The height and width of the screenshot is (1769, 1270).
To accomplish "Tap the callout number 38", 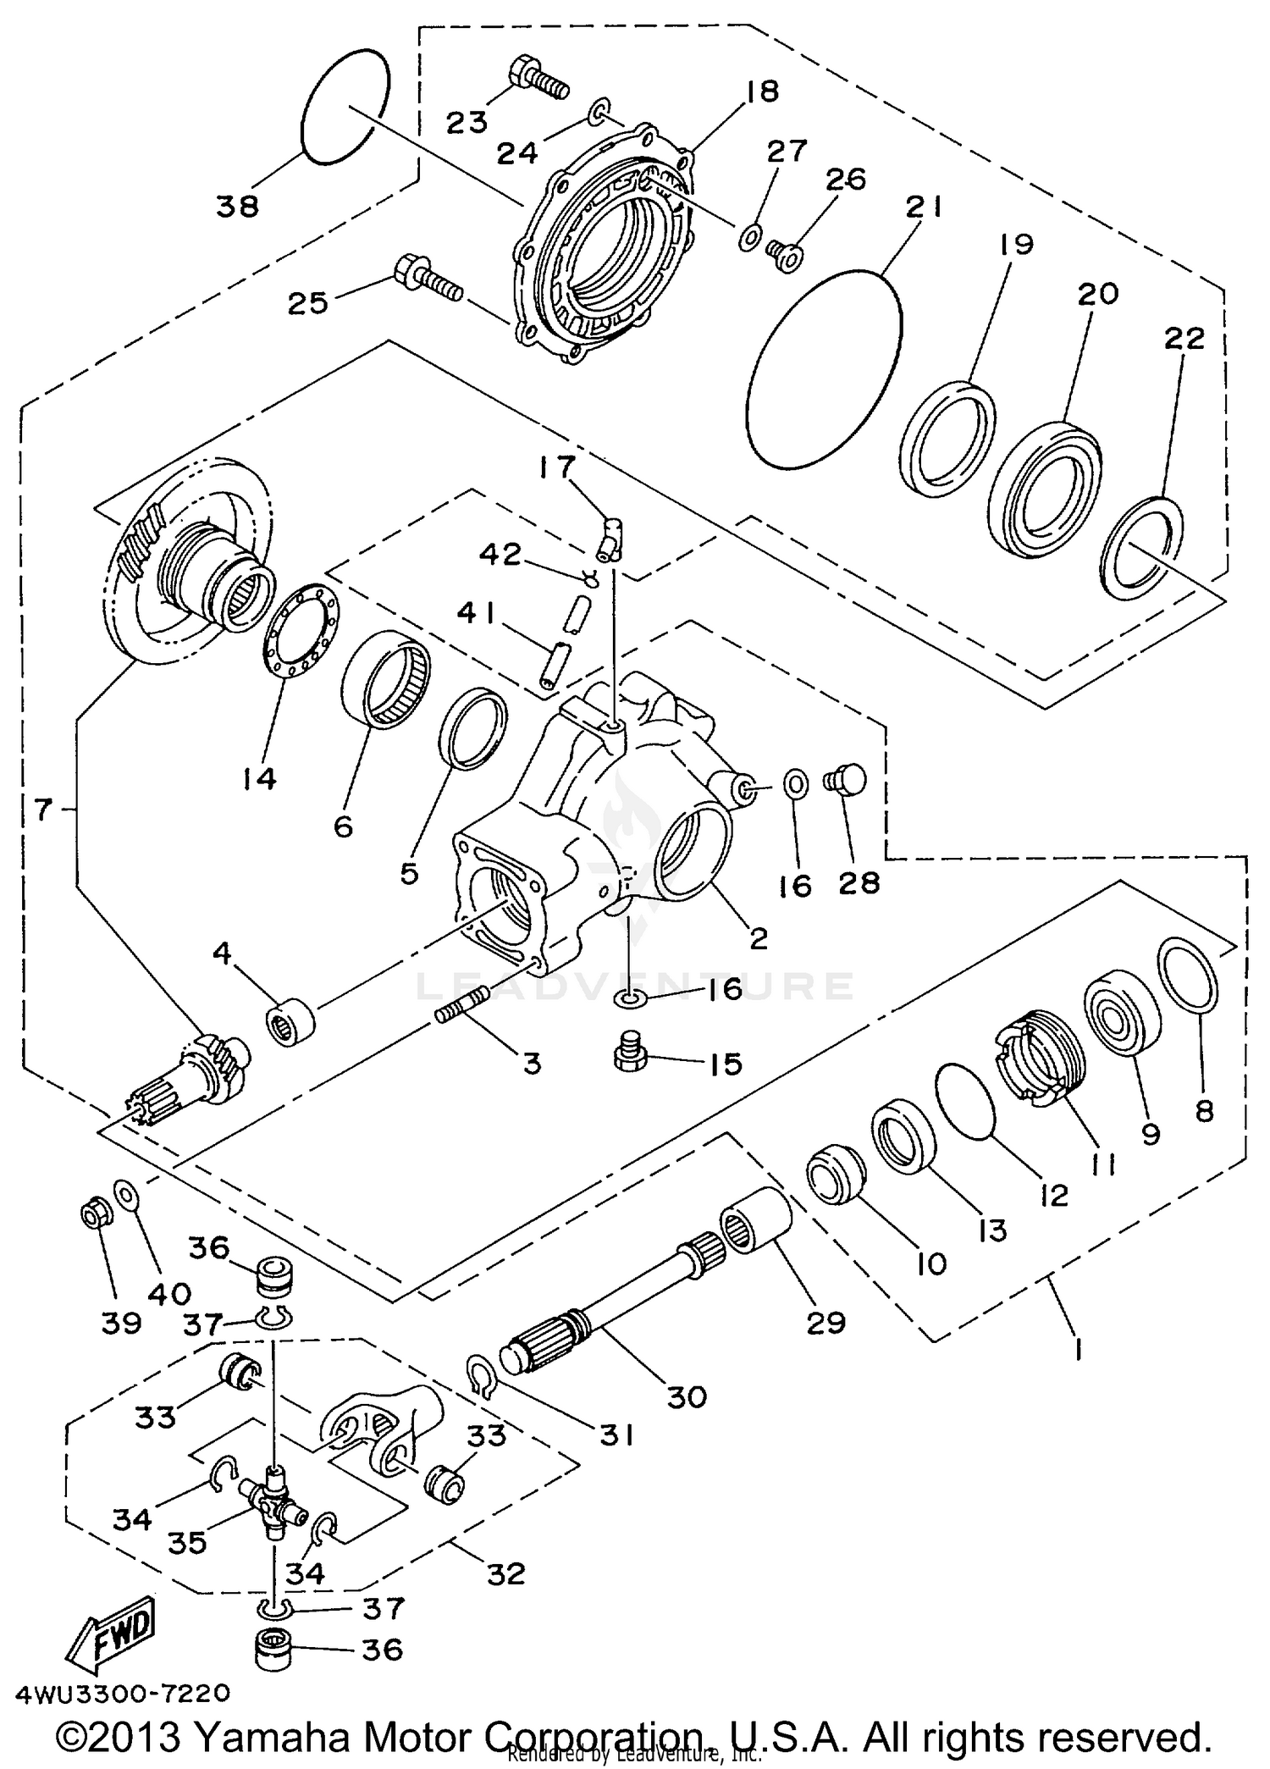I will pos(237,206).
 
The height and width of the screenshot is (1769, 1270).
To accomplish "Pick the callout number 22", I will pos(1184,339).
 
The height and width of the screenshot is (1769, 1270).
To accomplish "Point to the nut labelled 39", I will pos(92,1217).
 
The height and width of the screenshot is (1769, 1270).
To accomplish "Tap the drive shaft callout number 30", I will pos(686,1396).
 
